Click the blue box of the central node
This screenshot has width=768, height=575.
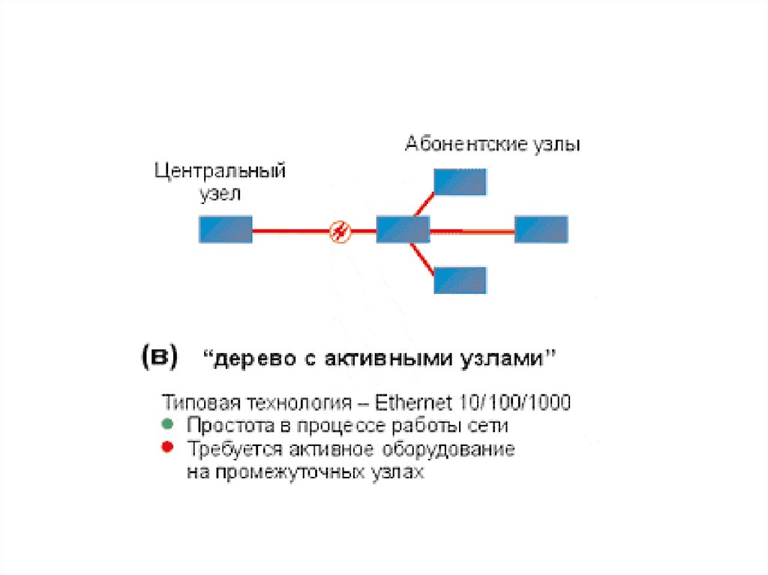coord(225,229)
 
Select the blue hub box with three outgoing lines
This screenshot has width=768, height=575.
coord(403,229)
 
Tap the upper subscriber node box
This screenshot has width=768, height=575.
coord(460,181)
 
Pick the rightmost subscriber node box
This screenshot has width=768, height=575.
coord(541,229)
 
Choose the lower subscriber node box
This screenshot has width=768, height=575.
coord(460,279)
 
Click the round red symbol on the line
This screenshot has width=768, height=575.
coord(340,231)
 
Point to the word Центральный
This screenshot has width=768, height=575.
coord(220,171)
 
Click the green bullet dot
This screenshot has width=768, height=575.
coord(167,424)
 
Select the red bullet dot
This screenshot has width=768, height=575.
coord(167,448)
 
